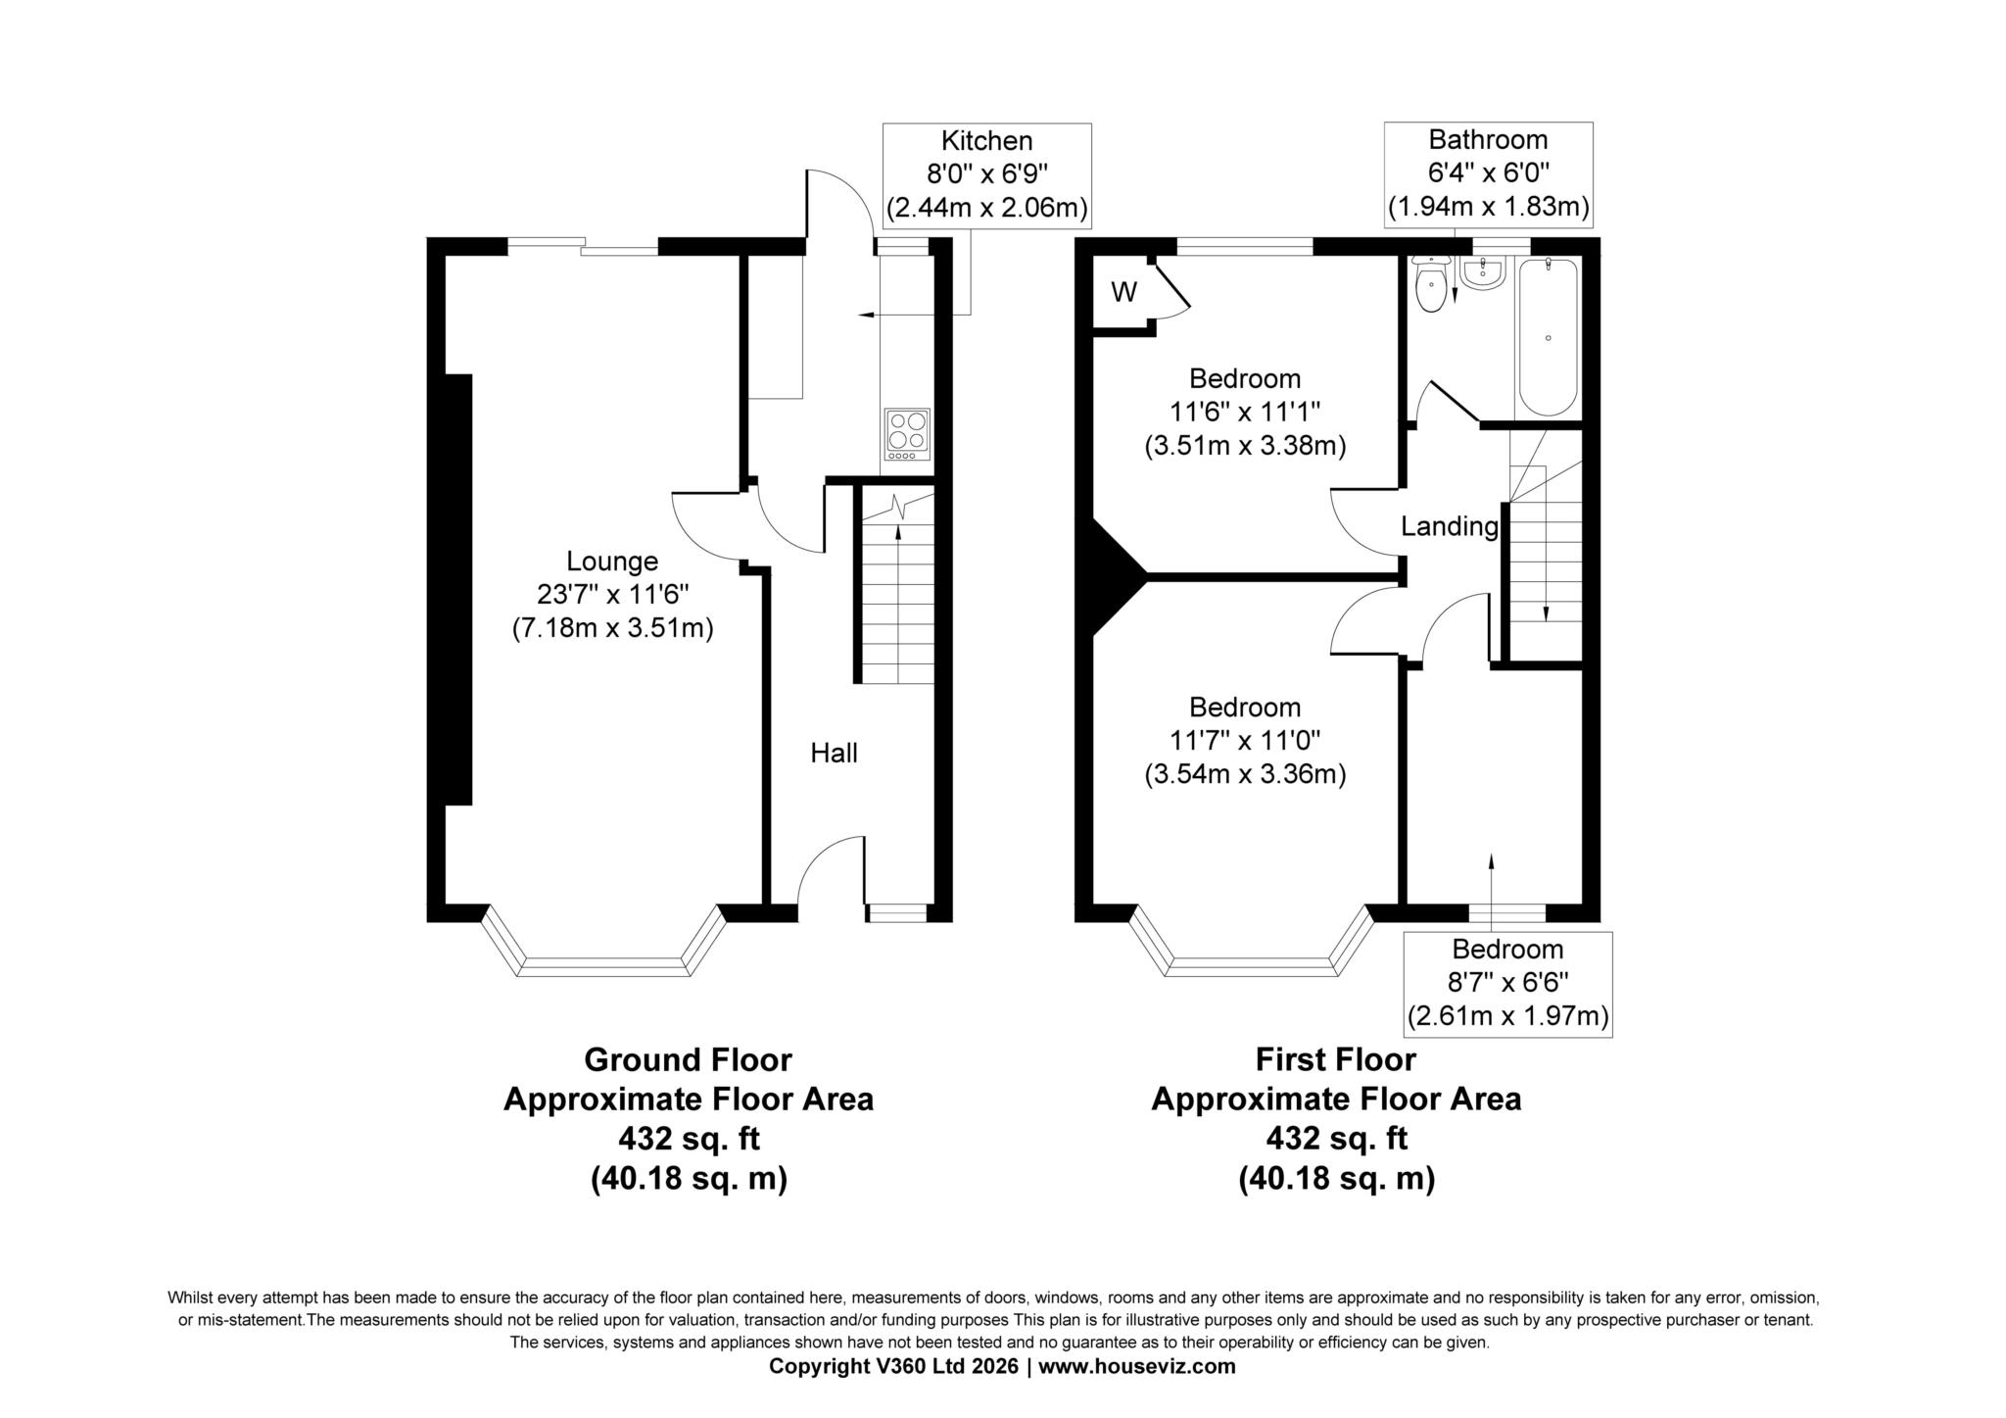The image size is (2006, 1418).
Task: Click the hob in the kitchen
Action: tap(907, 434)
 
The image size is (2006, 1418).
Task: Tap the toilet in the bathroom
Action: tap(1431, 284)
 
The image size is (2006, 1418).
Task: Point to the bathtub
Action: tap(1548, 337)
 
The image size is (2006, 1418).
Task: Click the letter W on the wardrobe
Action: tap(1123, 292)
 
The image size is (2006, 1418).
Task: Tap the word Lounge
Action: tap(612, 562)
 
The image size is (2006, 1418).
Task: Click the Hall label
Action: tap(834, 753)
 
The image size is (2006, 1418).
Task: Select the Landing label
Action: tap(1450, 527)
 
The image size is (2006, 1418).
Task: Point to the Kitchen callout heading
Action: tap(986, 141)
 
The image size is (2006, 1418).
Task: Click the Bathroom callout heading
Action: tap(1488, 139)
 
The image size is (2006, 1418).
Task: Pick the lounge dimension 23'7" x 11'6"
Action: tap(613, 594)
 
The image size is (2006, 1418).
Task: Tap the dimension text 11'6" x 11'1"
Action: tap(1245, 412)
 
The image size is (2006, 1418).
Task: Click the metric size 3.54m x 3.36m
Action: tap(1245, 774)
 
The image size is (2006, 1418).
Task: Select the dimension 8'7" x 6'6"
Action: tap(1507, 982)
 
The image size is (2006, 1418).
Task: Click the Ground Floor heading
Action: tap(688, 1060)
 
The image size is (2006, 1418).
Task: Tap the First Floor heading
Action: tap(1336, 1060)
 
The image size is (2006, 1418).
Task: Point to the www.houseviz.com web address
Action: tap(1137, 1367)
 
